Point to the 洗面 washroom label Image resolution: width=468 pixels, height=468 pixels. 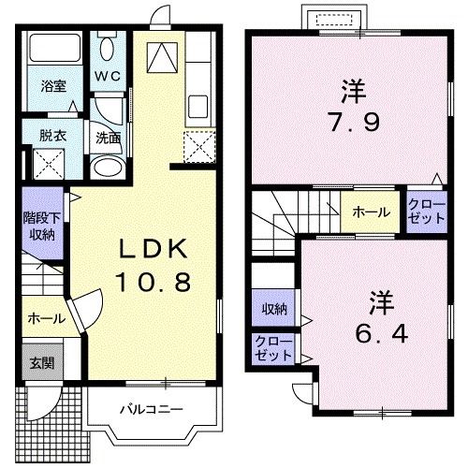coord(108,137)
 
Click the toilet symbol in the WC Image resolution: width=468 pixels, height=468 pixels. coord(106,48)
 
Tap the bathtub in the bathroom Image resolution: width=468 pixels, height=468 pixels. coord(54,49)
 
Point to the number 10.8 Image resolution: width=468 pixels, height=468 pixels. coord(154,280)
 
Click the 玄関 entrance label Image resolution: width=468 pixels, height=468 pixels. coord(39,363)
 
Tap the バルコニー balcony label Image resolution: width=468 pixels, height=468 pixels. coord(150,409)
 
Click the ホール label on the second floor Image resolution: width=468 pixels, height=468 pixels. coord(371,212)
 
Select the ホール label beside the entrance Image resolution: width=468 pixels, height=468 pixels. coord(46,318)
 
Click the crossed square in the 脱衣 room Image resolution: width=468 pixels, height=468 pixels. coord(47,165)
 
